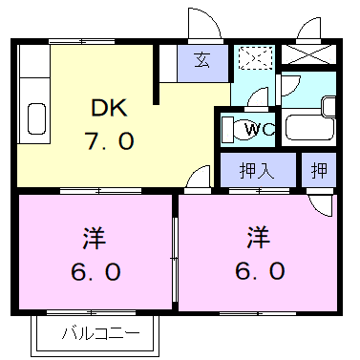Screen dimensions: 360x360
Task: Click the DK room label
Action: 109,108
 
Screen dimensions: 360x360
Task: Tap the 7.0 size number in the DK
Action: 109,140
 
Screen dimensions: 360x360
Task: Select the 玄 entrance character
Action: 202,60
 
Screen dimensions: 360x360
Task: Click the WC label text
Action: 260,129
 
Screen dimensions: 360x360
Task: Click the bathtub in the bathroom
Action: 309,127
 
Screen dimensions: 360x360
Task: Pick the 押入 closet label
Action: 257,170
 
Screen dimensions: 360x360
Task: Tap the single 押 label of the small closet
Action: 319,170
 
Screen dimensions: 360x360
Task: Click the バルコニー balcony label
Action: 101,333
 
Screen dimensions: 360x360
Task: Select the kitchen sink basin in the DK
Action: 36,118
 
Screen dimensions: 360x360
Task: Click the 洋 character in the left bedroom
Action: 95,238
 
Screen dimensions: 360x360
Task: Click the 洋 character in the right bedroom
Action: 259,237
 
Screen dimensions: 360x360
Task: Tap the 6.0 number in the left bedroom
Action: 95,272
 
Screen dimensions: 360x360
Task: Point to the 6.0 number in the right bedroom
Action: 260,271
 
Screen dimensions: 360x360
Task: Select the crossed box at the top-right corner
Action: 308,54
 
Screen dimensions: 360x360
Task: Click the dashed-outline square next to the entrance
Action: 256,57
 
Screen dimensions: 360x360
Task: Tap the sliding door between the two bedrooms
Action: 175,259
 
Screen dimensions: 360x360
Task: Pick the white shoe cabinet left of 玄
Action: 168,64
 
